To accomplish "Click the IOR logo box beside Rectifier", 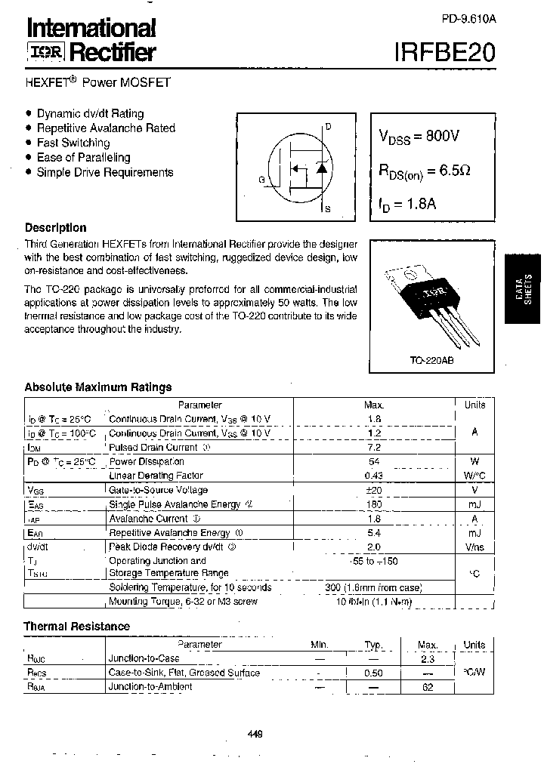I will [x=47, y=52].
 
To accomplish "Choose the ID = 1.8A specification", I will [x=407, y=203].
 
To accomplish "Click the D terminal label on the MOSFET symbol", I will [x=328, y=127].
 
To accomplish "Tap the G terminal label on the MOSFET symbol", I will [x=261, y=179].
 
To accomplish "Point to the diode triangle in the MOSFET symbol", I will [x=321, y=168].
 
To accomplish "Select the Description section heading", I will [x=56, y=227].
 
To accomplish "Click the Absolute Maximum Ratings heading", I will [x=98, y=387].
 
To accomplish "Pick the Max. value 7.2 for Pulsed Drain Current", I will [x=373, y=448].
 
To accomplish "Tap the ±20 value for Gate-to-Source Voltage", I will [x=373, y=490].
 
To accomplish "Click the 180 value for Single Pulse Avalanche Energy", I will [x=373, y=504].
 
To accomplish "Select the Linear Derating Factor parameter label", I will [x=156, y=476].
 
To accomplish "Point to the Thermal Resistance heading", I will [x=76, y=626].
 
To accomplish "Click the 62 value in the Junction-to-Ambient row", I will [x=428, y=687].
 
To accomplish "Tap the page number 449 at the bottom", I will [x=255, y=734].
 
